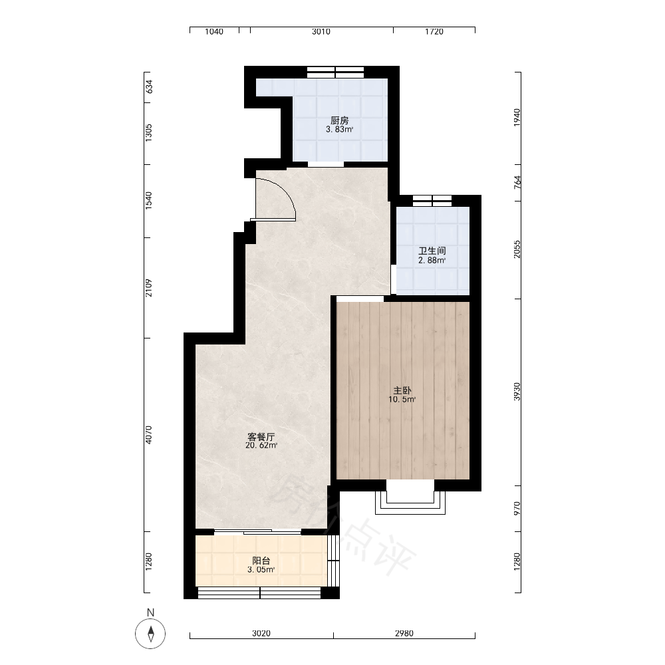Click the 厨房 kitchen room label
tap(339, 120)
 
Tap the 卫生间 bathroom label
tap(432, 251)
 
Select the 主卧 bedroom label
tap(402, 390)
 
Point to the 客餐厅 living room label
tap(261, 436)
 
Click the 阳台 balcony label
tap(261, 561)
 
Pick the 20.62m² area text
tap(261, 446)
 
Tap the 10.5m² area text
tap(402, 399)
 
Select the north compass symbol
tap(150, 634)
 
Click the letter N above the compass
tap(150, 612)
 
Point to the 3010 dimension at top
tap(321, 31)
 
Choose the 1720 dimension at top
tap(434, 31)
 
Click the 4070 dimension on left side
tap(148, 435)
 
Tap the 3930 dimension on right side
tap(517, 392)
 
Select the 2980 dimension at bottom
tap(404, 633)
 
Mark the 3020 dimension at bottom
tap(261, 633)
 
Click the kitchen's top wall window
tap(335, 72)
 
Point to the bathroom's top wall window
tap(432, 201)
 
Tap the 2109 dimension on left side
tap(148, 287)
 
